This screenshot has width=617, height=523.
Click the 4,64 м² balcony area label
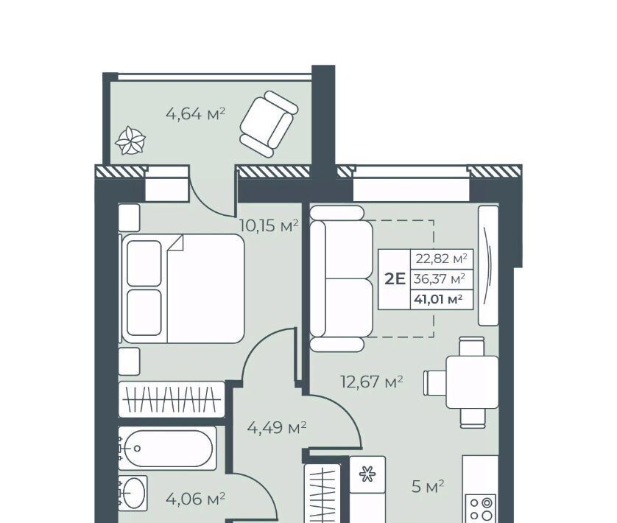196,114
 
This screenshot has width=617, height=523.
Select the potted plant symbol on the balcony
130,141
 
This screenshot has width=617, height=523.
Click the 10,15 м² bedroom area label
269,226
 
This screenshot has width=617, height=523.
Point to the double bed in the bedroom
183,289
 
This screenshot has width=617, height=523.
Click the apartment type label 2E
395,279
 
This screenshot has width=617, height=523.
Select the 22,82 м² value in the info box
442,259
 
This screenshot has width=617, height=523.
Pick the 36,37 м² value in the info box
440,279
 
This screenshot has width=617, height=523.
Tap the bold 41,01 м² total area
438,299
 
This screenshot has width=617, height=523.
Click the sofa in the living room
341,278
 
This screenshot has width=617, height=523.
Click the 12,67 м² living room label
372,382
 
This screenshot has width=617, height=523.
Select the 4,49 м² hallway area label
277,427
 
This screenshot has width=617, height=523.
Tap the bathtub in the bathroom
168,448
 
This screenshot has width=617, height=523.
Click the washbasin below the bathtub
133,493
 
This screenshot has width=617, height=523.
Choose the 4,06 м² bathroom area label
196,499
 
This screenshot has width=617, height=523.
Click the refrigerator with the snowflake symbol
367,474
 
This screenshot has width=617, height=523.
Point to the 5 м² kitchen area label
428,487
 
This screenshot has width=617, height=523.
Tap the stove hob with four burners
481,508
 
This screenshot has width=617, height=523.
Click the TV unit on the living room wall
488,265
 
